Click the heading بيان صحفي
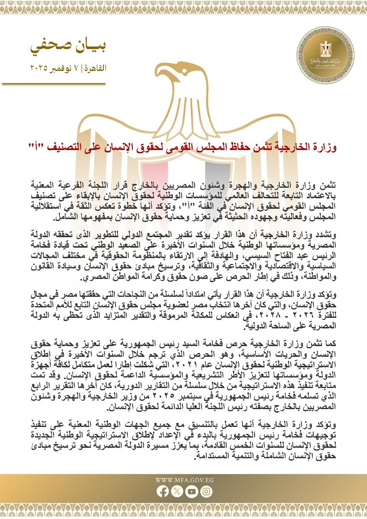(68, 47)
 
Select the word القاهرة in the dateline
(96, 68)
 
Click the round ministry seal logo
(325, 56)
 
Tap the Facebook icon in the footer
(163, 491)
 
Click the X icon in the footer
(177, 491)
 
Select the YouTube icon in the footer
(191, 491)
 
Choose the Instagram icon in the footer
(206, 491)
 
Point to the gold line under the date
(54, 84)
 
